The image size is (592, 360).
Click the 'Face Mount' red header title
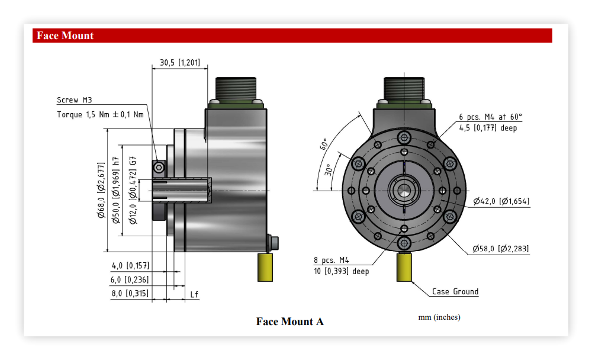tap(65, 36)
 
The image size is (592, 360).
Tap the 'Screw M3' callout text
tap(75, 100)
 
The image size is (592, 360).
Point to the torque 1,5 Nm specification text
tap(101, 114)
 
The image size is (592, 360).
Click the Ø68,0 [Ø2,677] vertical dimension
tap(101, 191)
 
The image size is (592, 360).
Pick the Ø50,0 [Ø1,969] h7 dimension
tap(116, 190)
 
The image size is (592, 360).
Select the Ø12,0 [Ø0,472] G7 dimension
tap(133, 190)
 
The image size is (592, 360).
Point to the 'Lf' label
tap(194, 294)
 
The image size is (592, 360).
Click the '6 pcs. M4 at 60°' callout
tap(490, 117)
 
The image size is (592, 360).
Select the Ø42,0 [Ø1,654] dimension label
tap(501, 201)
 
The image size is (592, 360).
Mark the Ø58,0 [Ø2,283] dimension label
tap(501, 249)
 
